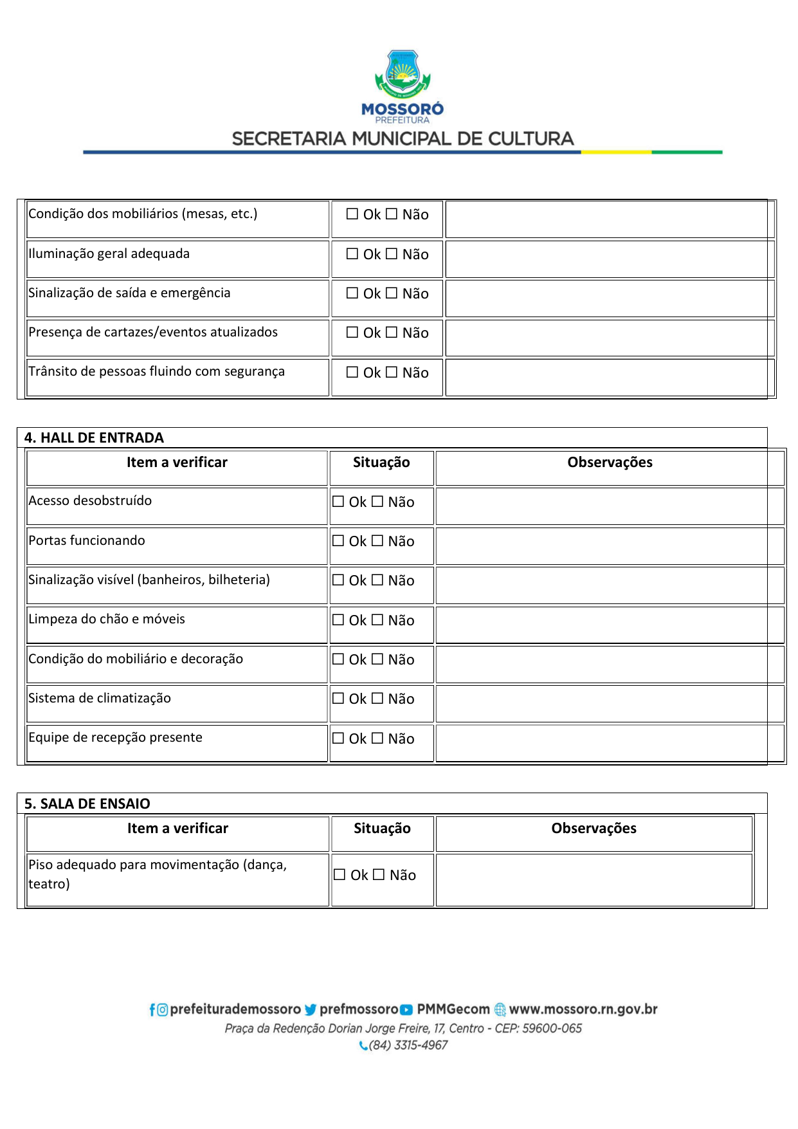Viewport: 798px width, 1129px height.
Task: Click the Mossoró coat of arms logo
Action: pyautogui.click(x=403, y=74)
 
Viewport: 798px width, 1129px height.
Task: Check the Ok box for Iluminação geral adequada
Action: pyautogui.click(x=352, y=254)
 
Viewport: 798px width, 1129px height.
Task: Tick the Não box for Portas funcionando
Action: pyautogui.click(x=377, y=541)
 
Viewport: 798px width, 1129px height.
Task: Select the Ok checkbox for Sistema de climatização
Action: pyautogui.click(x=338, y=699)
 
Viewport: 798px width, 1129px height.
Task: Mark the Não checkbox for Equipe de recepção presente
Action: pyautogui.click(x=377, y=739)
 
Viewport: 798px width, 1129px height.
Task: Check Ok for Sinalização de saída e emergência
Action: pyautogui.click(x=352, y=293)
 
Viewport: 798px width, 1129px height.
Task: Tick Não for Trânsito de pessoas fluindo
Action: pyautogui.click(x=392, y=372)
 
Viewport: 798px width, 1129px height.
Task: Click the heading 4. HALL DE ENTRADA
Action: pyautogui.click(x=94, y=438)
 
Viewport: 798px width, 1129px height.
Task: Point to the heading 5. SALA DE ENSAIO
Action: pyautogui.click(x=87, y=804)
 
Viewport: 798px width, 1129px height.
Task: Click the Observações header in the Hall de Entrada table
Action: pyautogui.click(x=610, y=463)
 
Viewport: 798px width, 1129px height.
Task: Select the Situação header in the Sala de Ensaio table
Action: pyautogui.click(x=382, y=829)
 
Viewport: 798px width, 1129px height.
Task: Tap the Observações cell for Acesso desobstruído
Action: pyautogui.click(x=610, y=506)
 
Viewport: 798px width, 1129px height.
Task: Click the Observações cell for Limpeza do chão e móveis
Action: pyautogui.click(x=610, y=625)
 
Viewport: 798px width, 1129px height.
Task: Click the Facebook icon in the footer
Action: pyautogui.click(x=152, y=1010)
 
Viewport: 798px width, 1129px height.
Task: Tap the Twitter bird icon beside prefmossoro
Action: pyautogui.click(x=311, y=1010)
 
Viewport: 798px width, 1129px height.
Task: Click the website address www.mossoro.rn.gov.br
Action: pyautogui.click(x=583, y=1009)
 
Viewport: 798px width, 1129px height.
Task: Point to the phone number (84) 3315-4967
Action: pyautogui.click(x=408, y=1045)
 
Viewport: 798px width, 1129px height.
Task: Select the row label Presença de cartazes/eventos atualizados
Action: pyautogui.click(x=153, y=333)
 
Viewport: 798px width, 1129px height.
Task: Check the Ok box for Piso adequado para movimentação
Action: pyautogui.click(x=340, y=875)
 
